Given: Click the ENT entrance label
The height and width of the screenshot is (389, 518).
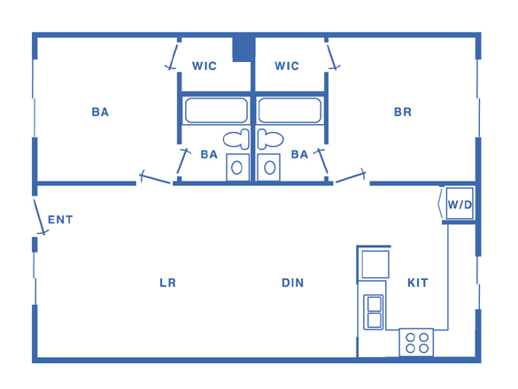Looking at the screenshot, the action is [60, 220].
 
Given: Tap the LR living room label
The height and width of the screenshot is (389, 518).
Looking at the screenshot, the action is [168, 283].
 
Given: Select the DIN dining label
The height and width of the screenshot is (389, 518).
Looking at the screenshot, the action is [293, 283].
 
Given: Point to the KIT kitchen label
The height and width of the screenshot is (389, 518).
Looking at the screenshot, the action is [418, 283].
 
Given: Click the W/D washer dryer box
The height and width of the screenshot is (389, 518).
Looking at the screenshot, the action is [460, 203].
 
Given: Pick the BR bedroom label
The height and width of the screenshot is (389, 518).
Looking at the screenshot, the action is [403, 112].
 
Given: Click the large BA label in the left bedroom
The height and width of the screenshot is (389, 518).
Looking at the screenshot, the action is [100, 112].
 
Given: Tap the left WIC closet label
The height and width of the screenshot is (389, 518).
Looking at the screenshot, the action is [205, 66].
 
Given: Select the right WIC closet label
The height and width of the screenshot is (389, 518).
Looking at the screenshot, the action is [287, 66].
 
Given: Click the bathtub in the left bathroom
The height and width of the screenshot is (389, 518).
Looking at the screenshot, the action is [216, 111].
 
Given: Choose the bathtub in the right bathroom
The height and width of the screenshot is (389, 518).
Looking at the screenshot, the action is [290, 111].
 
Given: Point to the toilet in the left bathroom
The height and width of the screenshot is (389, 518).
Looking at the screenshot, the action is [236, 139].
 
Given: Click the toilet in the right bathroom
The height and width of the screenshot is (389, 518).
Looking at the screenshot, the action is [271, 139].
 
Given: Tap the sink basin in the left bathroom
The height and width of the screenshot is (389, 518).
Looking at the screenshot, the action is [237, 167].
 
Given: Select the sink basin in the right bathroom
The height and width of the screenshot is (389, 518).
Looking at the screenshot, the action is [269, 167].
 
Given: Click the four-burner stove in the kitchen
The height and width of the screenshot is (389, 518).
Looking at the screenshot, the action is [416, 342].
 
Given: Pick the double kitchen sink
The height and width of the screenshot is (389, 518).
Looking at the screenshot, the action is [374, 312].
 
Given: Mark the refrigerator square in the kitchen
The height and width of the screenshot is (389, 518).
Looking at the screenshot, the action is [375, 264].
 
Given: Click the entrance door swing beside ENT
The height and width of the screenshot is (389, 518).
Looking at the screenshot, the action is [40, 216].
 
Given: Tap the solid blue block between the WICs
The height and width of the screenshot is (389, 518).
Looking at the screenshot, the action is [244, 50].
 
